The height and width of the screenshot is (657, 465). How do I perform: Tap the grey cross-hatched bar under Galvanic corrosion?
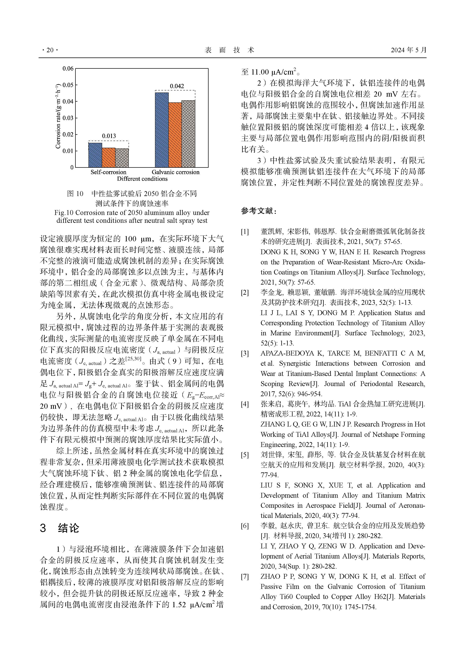click(188, 134)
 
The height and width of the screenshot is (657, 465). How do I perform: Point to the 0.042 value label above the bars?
click(177, 86)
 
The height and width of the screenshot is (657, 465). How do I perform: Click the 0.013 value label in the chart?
click(109, 136)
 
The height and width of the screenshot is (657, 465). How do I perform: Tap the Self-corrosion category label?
click(108, 172)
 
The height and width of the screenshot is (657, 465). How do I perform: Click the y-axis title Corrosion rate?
click(58, 116)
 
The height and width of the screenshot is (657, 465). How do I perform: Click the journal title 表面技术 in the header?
click(229, 50)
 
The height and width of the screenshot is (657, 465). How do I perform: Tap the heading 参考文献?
click(259, 211)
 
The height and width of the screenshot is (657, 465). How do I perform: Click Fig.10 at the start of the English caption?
click(64, 213)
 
